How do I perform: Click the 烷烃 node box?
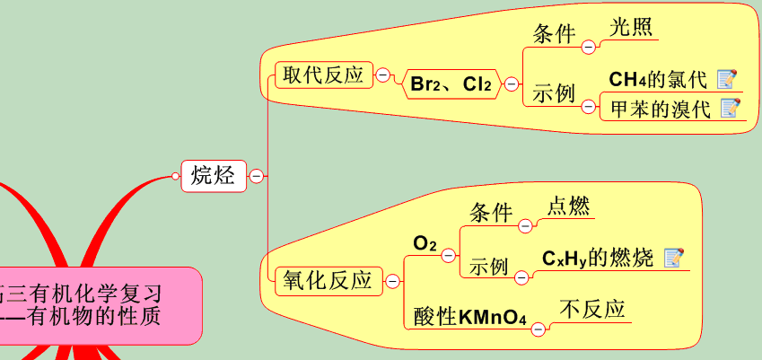pos(213,176)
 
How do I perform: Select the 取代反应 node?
pos(322,75)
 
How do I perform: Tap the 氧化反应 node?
pos(328,281)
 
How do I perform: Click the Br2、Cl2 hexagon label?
pos(451,84)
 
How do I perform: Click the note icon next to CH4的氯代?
pos(727,79)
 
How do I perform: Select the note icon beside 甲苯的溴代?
pos(730,109)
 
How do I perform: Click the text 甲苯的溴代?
pos(660,109)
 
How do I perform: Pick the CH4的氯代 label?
pos(658,80)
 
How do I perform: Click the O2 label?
pos(425,243)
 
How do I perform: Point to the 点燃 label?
pos(569,206)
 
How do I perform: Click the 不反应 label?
pos(592,310)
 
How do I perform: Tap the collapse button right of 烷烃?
pos(256,177)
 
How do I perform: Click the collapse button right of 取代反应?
pos(383,75)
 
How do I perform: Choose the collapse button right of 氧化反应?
pos(392,282)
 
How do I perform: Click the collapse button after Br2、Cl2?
pos(512,84)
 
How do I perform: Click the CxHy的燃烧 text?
pos(598,258)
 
